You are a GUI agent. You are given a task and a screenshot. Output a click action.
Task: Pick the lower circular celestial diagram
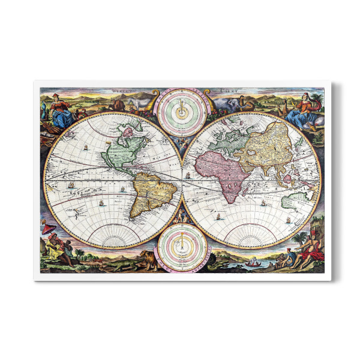tap(182, 245)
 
